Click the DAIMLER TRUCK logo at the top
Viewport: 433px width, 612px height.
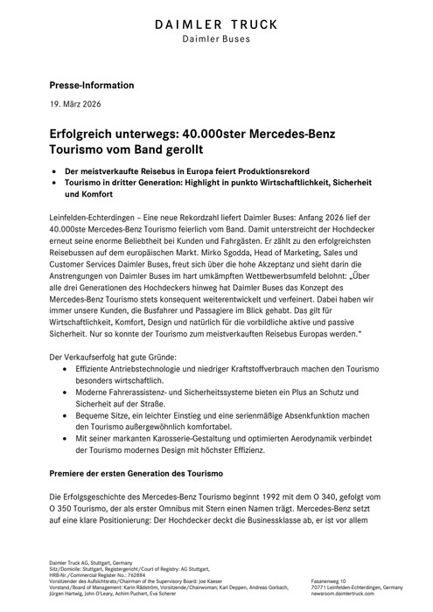click(x=215, y=25)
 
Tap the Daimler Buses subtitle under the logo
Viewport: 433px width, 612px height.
click(x=215, y=41)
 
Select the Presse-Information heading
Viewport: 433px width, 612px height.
click(x=91, y=86)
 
